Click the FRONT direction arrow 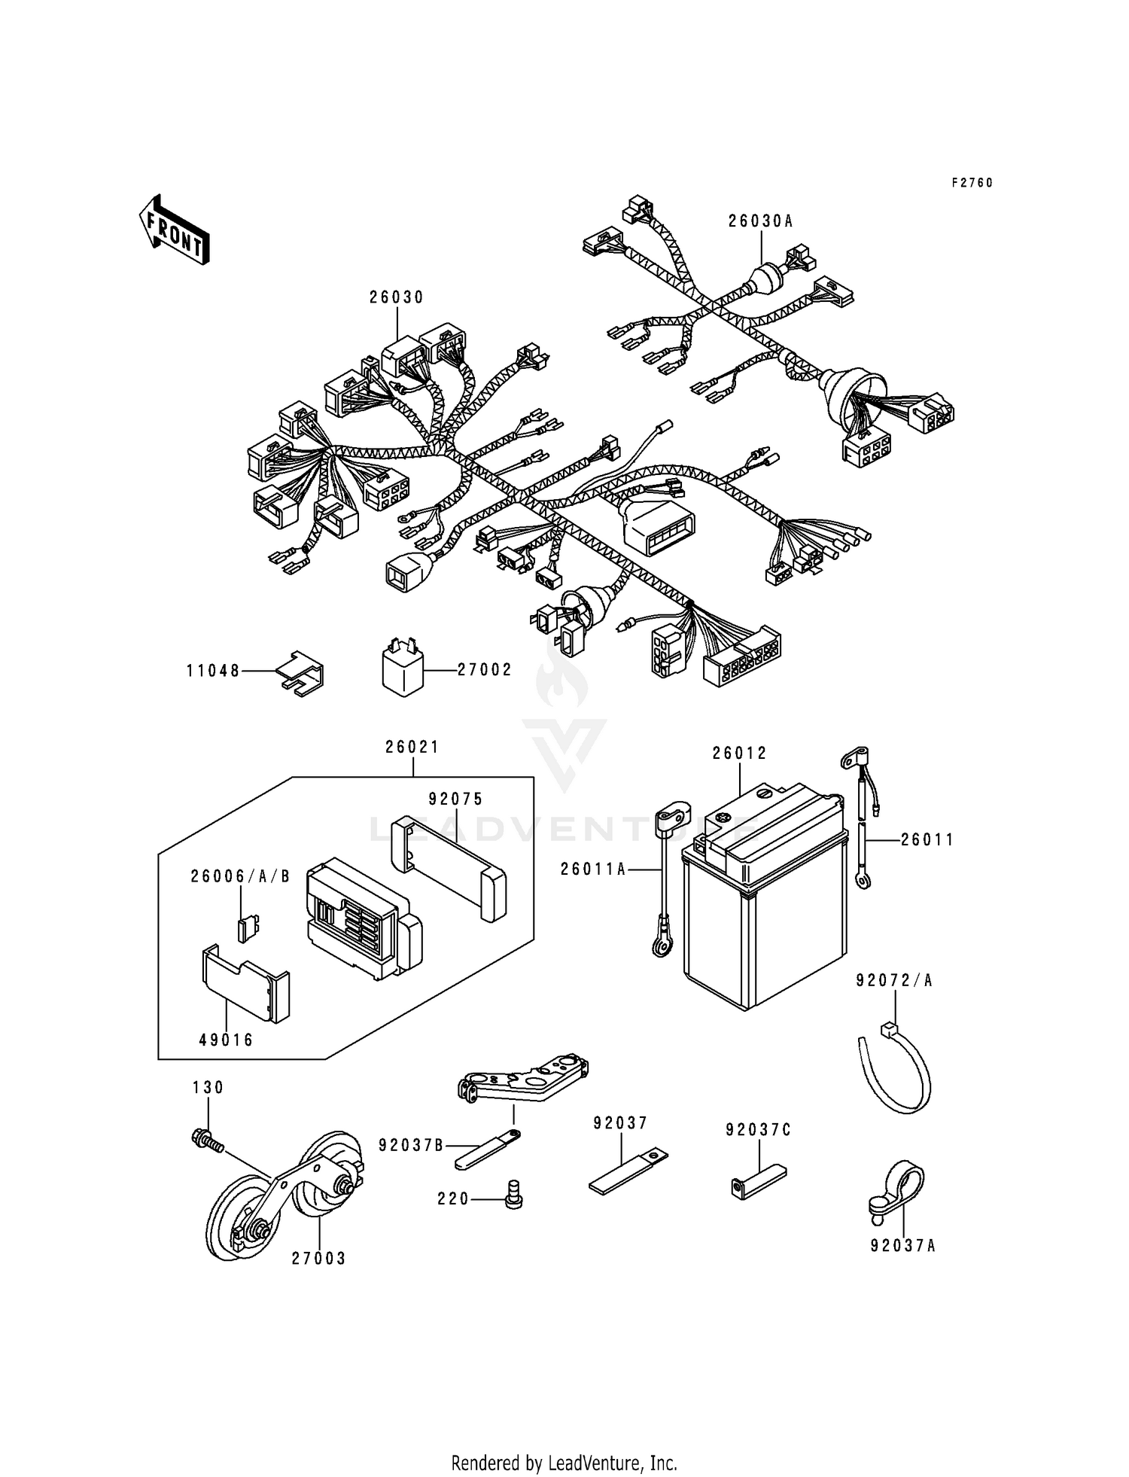pos(173,229)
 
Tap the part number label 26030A pos(760,221)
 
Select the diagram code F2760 pos(972,183)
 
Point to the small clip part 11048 pos(301,672)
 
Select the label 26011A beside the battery pos(593,869)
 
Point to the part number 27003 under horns pos(319,1258)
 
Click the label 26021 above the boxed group pos(412,748)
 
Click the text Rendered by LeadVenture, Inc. pos(564,1463)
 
